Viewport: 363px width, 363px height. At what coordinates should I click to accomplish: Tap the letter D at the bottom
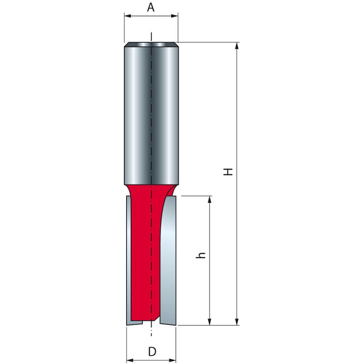pyautogui.click(x=152, y=351)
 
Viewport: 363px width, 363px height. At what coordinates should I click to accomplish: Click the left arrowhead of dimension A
pyautogui.click(x=127, y=16)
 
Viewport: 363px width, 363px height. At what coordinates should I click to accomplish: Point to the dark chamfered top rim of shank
pyautogui.click(x=151, y=44)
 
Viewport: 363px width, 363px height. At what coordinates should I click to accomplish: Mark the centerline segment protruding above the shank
pyautogui.click(x=151, y=36)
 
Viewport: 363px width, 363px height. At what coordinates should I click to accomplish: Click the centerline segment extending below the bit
pyautogui.click(x=151, y=331)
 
